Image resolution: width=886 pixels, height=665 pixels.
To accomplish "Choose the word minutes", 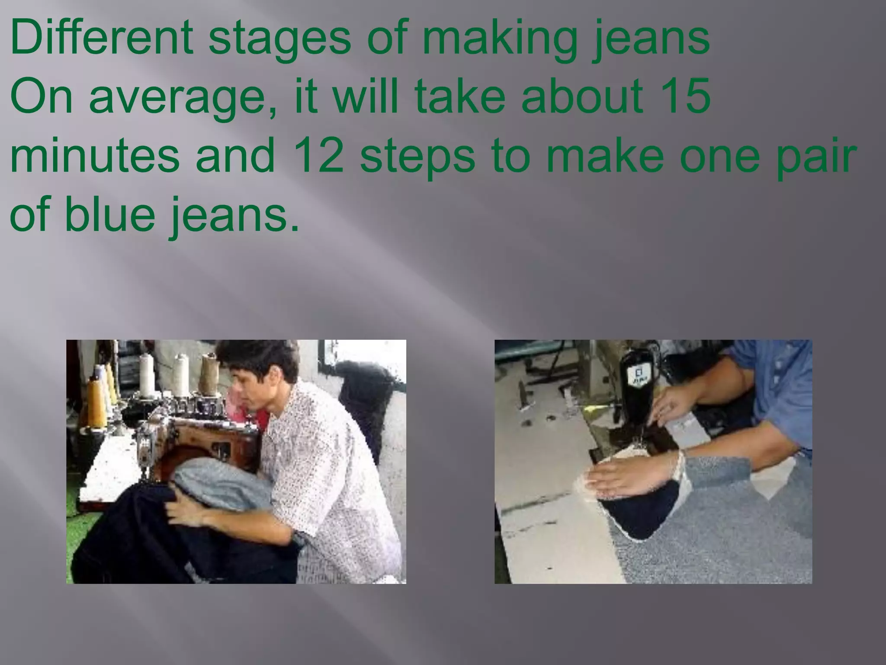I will pos(94,154).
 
